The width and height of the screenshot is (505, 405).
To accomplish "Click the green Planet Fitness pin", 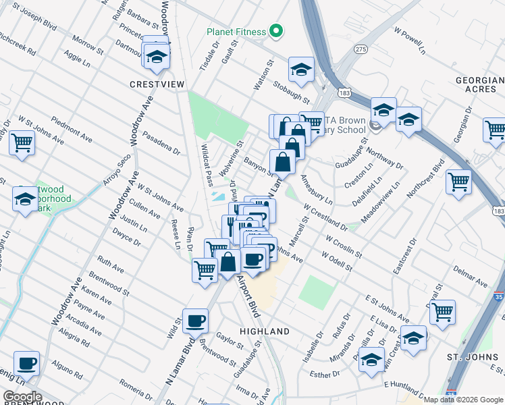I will [x=275, y=31].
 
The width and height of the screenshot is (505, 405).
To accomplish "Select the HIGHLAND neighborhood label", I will [x=265, y=331].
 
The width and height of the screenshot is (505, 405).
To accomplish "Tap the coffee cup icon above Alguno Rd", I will [x=26, y=364].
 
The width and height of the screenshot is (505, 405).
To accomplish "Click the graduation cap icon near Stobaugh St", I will [x=301, y=69].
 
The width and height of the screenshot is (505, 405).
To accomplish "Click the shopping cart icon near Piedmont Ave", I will [x=22, y=142].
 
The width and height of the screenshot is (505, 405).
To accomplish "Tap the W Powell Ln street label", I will [x=412, y=41].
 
